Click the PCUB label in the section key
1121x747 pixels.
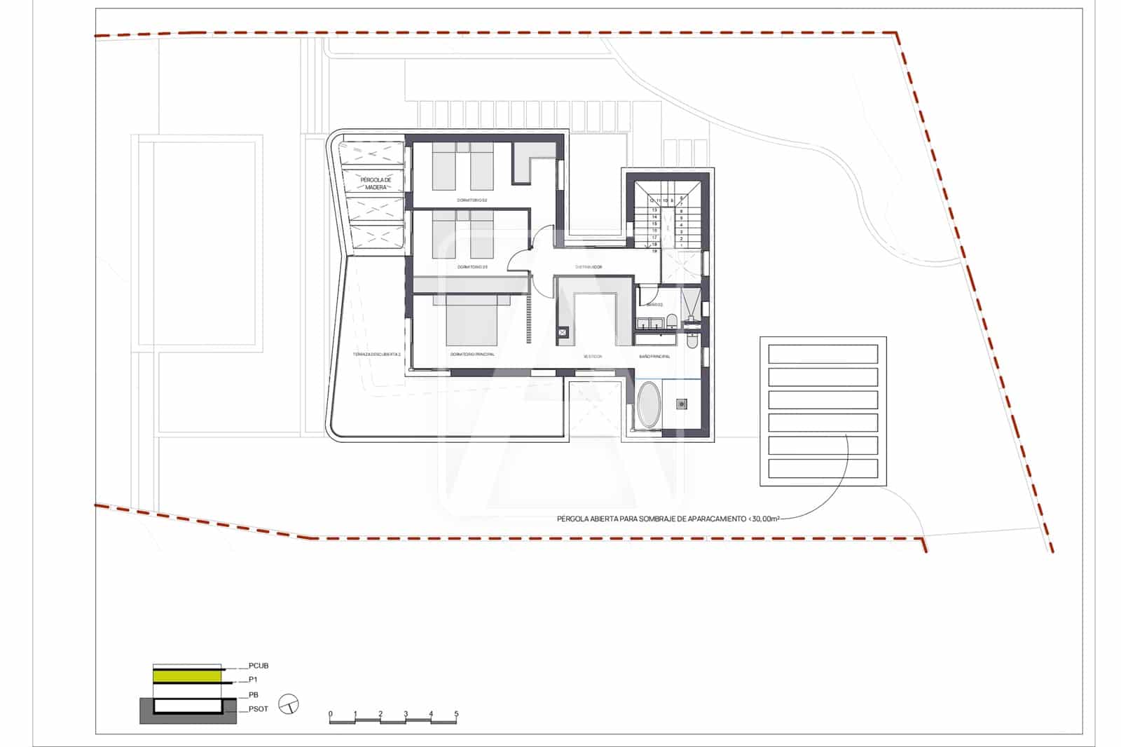pos(259,666)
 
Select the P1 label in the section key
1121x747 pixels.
pos(254,680)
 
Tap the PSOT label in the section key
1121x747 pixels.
pos(258,709)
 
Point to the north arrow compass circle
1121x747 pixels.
pos(289,704)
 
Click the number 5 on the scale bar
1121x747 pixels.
pos(456,714)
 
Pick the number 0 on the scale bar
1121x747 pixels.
pos(330,714)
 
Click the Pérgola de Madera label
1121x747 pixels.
pos(376,184)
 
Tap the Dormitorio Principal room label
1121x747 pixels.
pos(472,355)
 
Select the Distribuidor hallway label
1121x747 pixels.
pos(589,267)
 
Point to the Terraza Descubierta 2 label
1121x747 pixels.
pos(377,355)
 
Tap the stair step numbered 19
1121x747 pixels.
pos(654,251)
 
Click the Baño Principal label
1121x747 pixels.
pos(654,357)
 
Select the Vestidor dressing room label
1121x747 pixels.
pos(593,357)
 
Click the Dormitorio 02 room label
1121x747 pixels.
pos(472,200)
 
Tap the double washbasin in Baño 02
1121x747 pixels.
pos(649,323)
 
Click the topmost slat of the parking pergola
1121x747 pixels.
pos(823,354)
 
